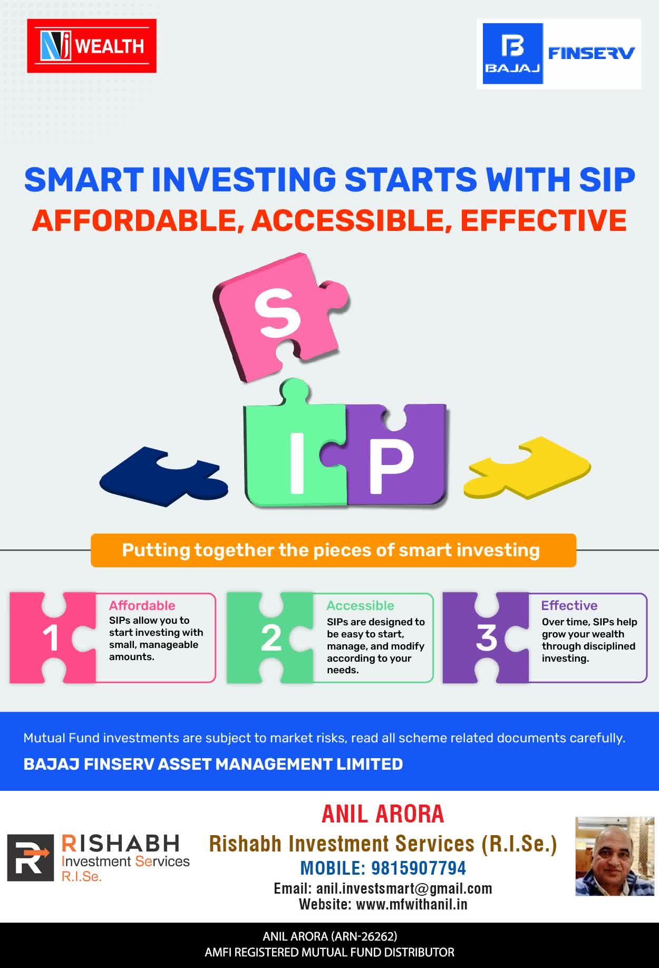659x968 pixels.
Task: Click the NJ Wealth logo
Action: [x=92, y=46]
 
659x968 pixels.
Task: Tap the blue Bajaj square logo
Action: [x=513, y=53]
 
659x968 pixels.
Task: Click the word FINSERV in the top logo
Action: [x=592, y=53]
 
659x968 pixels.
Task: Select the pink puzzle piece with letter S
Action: [x=281, y=316]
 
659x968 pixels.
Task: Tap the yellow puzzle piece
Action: [x=527, y=467]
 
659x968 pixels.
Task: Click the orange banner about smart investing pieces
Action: [x=333, y=550]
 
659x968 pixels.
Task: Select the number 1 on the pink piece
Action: [x=51, y=638]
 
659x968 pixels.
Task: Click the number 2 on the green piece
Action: [x=271, y=638]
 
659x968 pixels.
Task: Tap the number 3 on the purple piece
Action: [x=486, y=638]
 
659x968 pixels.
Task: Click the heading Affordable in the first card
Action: [x=142, y=605]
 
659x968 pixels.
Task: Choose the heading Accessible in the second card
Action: [x=360, y=605]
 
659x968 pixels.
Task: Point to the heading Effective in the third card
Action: [x=569, y=605]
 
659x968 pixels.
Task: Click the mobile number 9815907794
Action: [x=419, y=868]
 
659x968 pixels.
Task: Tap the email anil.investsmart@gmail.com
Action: [x=404, y=888]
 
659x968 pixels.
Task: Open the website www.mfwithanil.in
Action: [x=412, y=904]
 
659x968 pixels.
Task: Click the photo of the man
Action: [x=614, y=856]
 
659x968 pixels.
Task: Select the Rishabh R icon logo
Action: [x=31, y=857]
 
